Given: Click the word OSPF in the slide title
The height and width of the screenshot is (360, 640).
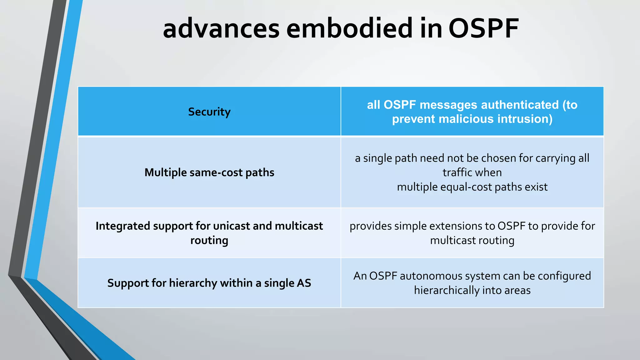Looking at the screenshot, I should click(483, 29).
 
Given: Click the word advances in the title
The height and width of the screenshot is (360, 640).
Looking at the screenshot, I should click(221, 29).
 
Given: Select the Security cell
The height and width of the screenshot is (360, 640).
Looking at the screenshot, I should click(209, 112).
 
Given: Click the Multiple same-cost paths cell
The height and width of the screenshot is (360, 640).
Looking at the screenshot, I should click(209, 172).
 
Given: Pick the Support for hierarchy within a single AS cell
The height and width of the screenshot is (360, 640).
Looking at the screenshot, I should click(209, 283).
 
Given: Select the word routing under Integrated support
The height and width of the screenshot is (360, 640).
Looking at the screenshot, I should click(209, 240).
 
